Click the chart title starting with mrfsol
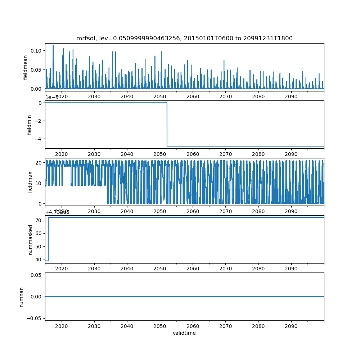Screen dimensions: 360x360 (x=184, y=38)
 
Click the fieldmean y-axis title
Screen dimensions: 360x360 (x=26, y=67)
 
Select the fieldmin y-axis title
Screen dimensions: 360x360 (x=30, y=125)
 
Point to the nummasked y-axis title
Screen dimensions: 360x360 (x=31, y=239)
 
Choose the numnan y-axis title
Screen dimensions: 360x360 (x=22, y=297)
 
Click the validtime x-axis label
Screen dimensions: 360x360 (x=184, y=333)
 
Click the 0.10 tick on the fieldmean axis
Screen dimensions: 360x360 (x=37, y=50)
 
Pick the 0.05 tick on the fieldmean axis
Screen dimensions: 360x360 (x=37, y=69)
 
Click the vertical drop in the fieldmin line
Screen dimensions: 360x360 (x=167, y=124)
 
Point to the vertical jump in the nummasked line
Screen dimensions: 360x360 (x=48, y=239)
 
